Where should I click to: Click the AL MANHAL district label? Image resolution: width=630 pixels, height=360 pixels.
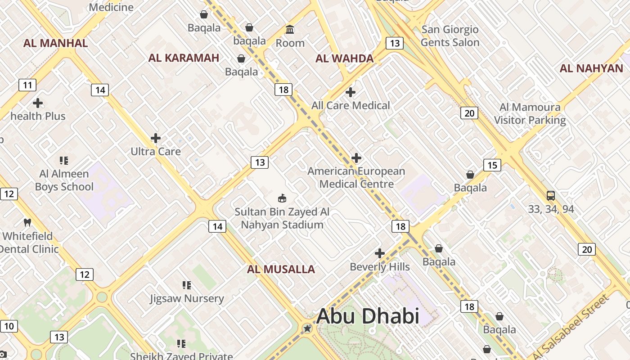[x=55, y=43]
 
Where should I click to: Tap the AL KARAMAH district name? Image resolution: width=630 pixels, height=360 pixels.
[x=184, y=58]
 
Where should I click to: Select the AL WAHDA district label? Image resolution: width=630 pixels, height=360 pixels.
[x=344, y=58]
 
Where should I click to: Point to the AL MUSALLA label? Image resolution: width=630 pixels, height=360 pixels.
[x=281, y=270]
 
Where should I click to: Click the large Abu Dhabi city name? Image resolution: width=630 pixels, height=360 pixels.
[x=368, y=316]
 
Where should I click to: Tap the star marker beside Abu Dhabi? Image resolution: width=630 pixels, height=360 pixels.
[x=307, y=328]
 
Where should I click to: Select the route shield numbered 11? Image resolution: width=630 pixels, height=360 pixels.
[x=27, y=85]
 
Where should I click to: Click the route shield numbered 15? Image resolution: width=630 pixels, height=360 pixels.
[x=492, y=165]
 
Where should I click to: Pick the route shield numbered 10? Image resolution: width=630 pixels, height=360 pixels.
[x=9, y=326]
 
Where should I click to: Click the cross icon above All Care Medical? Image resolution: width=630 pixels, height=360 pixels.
[x=351, y=93]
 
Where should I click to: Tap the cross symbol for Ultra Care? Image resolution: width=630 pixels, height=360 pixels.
[x=156, y=138]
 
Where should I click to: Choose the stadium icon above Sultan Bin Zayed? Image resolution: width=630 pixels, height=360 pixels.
[x=282, y=198]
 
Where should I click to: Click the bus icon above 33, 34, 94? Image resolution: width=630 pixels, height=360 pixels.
[x=551, y=196]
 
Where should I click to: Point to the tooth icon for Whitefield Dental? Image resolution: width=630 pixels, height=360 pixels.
[x=27, y=222]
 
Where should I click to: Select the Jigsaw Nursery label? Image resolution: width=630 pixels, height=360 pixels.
[x=187, y=298]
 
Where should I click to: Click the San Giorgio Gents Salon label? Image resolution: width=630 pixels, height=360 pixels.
[x=450, y=36]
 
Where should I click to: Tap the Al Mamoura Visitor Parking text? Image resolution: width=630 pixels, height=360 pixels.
[x=530, y=114]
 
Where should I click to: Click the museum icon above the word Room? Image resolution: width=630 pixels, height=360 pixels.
[x=290, y=30]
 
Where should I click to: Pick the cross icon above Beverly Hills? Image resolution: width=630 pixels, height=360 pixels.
[x=380, y=253]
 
